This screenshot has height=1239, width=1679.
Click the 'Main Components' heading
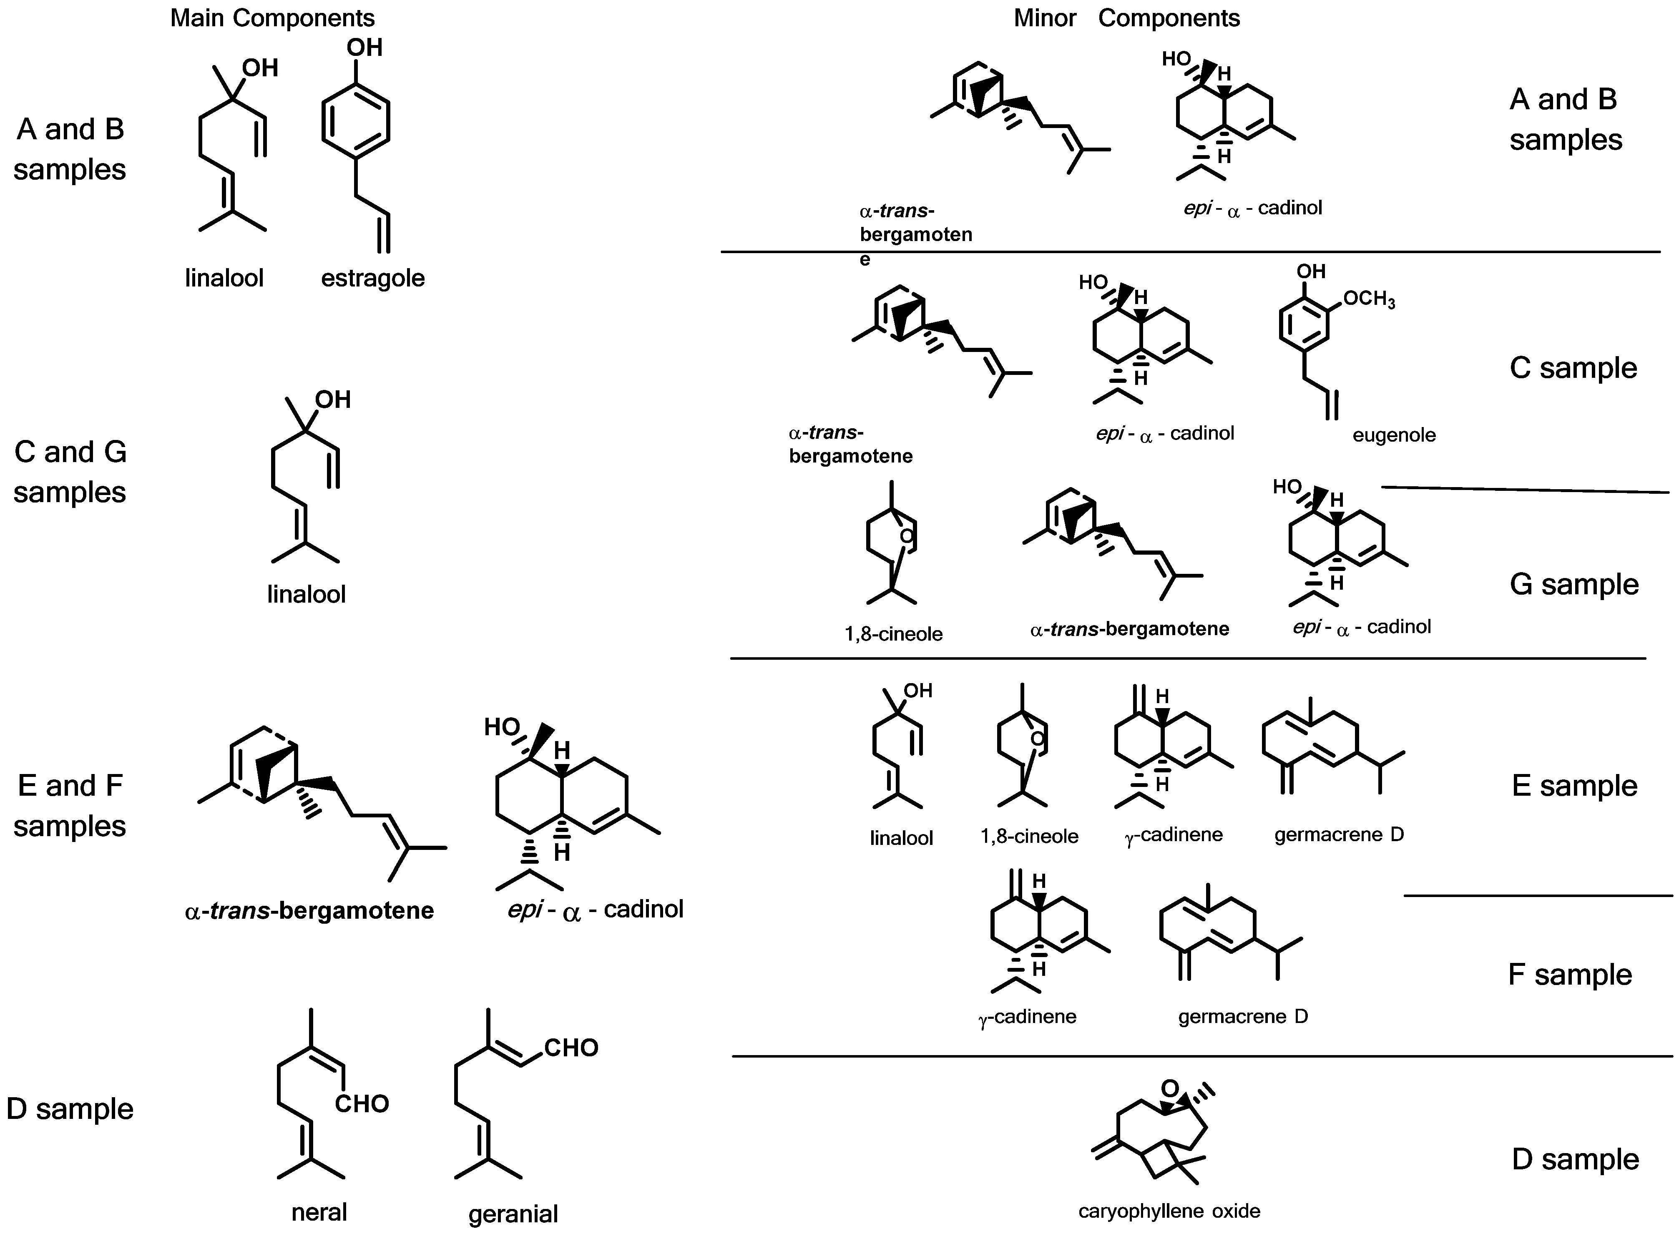tap(272, 18)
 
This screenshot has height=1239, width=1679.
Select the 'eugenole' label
tap(1393, 435)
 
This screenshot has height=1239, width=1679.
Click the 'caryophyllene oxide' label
tap(1169, 1211)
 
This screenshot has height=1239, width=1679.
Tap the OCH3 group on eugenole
tap(1369, 299)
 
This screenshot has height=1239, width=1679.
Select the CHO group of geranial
tap(571, 1047)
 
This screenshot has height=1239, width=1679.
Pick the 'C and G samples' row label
tap(70, 472)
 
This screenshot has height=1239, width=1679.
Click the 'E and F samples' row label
tap(70, 806)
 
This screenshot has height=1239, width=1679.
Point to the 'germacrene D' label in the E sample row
tap(1339, 834)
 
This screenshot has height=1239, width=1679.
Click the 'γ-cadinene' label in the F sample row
tap(1027, 1017)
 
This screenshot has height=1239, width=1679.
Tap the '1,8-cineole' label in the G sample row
tap(893, 634)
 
